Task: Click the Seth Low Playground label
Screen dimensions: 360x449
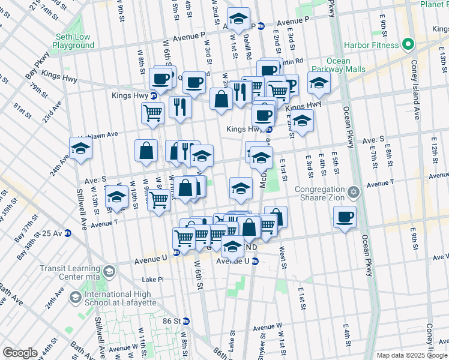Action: (73, 41)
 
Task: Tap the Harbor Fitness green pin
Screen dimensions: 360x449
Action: (407, 45)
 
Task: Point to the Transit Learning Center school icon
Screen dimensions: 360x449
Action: (108, 272)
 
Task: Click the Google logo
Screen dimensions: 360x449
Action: (20, 353)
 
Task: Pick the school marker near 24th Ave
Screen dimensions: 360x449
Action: (80, 149)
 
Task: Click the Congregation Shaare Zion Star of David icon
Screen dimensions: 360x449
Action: (354, 192)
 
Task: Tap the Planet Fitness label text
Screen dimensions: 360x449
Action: (433, 5)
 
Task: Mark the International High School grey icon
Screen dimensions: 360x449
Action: (76, 297)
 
